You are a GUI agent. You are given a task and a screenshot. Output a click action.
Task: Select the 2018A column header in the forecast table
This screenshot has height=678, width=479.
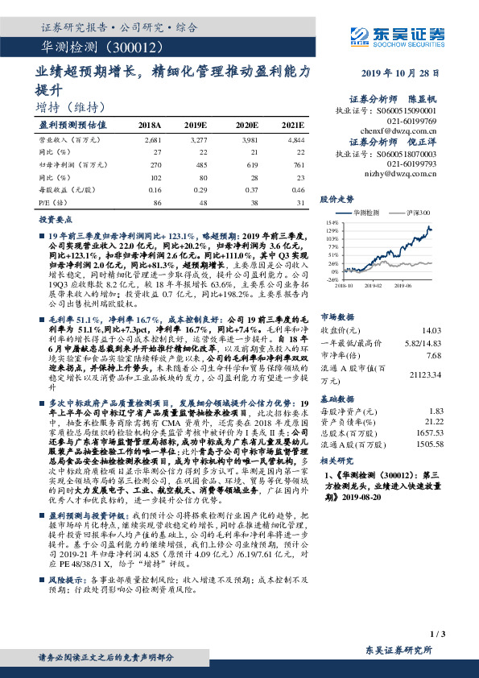coord(151,126)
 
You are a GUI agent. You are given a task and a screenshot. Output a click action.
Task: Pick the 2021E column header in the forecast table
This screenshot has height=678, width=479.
coord(292,126)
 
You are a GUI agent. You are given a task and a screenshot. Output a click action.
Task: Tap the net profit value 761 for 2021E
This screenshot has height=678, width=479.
coord(297,163)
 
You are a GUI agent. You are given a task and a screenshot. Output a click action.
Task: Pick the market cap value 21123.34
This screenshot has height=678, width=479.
coord(426,374)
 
